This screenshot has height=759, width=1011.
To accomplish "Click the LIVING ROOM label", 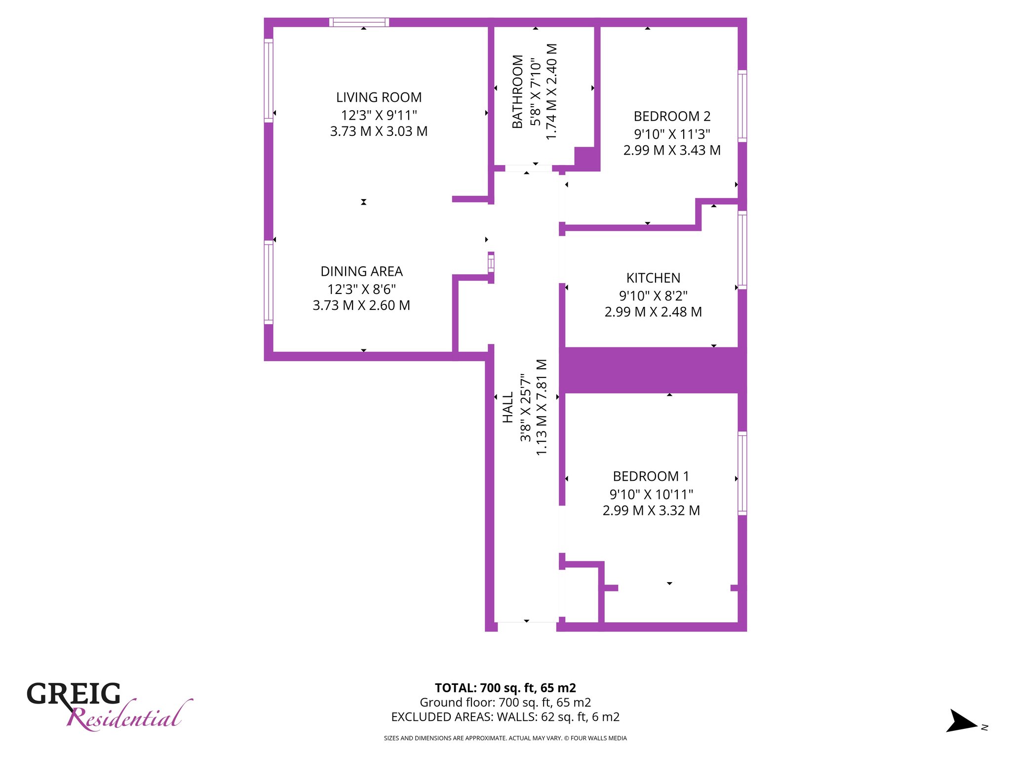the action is (379, 97).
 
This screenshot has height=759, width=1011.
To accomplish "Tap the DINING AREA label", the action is (361, 271).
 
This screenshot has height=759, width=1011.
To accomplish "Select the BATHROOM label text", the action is (517, 91).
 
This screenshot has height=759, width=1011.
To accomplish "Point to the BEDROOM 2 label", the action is (672, 116).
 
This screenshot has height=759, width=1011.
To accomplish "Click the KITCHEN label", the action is (653, 278).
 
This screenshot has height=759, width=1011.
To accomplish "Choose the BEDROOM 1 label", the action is (651, 476).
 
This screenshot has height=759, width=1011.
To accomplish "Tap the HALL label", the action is (508, 408).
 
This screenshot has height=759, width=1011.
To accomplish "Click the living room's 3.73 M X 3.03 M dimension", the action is (379, 131).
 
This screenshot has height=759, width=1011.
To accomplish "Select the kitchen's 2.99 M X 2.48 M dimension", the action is (653, 312).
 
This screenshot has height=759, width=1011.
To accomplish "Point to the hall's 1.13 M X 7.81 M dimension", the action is (542, 407).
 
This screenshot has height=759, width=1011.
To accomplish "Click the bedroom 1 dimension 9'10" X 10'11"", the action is (651, 494).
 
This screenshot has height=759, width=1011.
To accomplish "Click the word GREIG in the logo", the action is (74, 694).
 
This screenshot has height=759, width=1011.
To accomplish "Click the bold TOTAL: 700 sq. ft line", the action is (505, 688).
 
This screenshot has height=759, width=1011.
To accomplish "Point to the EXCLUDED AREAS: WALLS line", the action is (505, 717).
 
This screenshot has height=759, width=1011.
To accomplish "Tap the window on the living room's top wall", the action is (359, 22).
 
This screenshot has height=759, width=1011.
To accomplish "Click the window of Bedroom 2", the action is (742, 106).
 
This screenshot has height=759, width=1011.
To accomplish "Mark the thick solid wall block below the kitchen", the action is (653, 370).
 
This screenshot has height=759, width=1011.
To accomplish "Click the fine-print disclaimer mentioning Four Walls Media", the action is (505, 738).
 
